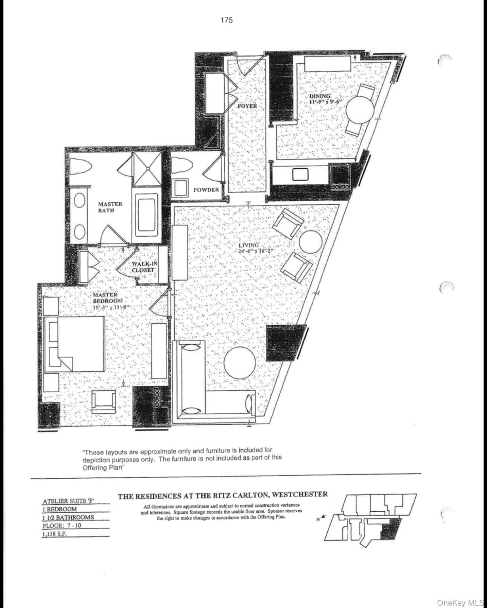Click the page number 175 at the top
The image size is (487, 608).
click(227, 20)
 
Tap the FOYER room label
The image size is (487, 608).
click(247, 106)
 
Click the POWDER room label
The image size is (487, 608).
click(206, 190)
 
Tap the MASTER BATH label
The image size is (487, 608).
click(110, 207)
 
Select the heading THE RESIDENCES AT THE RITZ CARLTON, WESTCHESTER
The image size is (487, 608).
click(223, 494)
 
